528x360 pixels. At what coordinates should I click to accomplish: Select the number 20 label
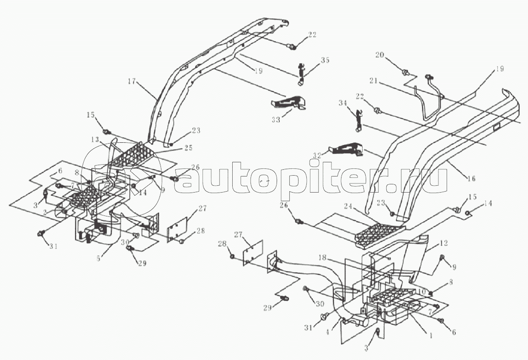click(x=379, y=55)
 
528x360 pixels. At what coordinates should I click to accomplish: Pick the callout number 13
click(x=95, y=139)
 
